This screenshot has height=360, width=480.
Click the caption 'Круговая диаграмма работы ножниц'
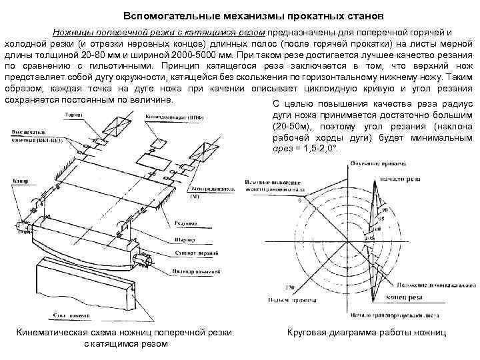pyautogui.click(x=366, y=331)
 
